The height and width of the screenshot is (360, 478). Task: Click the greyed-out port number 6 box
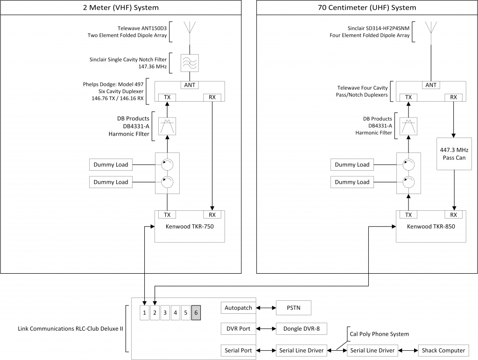pyautogui.click(x=196, y=313)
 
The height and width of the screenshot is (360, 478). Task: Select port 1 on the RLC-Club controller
pyautogui.click(x=145, y=313)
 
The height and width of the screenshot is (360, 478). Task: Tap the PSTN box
pyautogui.click(x=294, y=308)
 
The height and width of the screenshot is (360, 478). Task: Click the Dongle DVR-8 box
pyautogui.click(x=302, y=329)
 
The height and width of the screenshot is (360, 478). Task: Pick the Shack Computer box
pyautogui.click(x=443, y=351)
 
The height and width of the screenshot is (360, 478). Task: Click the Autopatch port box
pyautogui.click(x=239, y=308)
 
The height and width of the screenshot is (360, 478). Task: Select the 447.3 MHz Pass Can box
pyautogui.click(x=454, y=154)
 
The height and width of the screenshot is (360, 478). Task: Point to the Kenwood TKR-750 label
pyautogui.click(x=190, y=227)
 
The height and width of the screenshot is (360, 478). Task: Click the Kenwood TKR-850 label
pyautogui.click(x=431, y=227)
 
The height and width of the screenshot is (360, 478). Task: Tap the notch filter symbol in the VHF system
pyautogui.click(x=190, y=63)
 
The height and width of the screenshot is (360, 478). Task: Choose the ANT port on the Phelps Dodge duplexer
pyautogui.click(x=190, y=85)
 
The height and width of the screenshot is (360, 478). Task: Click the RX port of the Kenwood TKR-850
pyautogui.click(x=454, y=215)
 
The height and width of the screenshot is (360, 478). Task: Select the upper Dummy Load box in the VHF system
pyautogui.click(x=111, y=165)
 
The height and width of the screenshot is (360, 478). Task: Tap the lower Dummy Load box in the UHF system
pyautogui.click(x=352, y=182)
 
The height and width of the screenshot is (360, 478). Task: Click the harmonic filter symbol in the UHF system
pyautogui.click(x=408, y=126)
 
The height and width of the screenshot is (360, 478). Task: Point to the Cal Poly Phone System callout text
pyautogui.click(x=379, y=334)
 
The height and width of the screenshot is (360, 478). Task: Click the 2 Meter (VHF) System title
pyautogui.click(x=121, y=7)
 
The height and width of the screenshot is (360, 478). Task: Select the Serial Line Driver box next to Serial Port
pyautogui.click(x=302, y=351)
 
